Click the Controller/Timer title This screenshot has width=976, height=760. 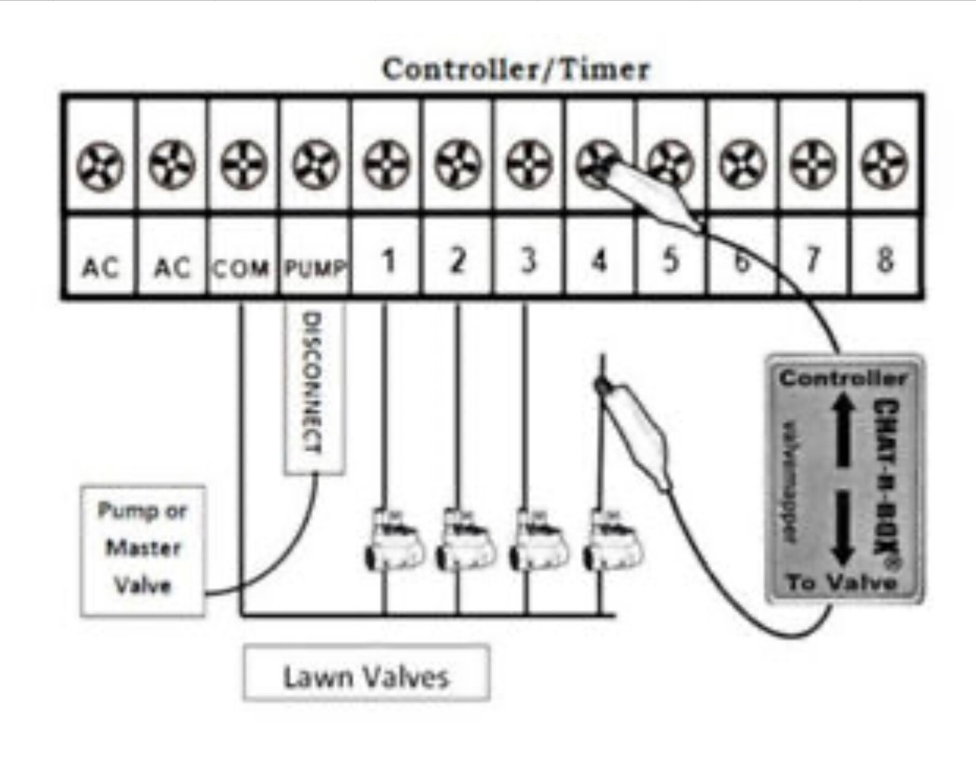point(516,69)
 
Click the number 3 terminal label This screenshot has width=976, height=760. point(529,261)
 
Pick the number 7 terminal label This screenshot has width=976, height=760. point(812,261)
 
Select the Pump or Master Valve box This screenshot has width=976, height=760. point(142,549)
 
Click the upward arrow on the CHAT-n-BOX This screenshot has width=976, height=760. point(843,427)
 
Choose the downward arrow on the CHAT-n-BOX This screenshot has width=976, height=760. point(843,528)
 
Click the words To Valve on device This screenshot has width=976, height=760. point(841,582)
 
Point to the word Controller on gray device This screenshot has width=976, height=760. point(843,378)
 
